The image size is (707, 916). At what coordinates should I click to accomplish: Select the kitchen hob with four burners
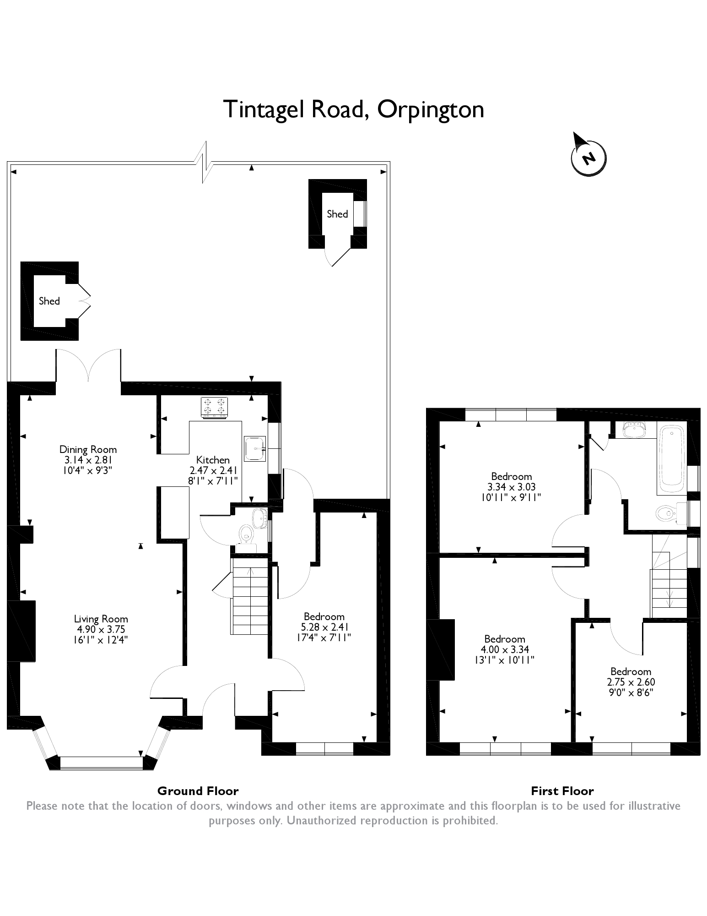[x=214, y=407]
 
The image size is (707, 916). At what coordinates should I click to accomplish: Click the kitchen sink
[x=255, y=448]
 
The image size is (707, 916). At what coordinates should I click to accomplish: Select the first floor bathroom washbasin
[x=634, y=430]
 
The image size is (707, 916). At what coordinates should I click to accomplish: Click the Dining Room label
[x=88, y=449]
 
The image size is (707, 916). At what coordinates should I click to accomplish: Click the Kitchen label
[x=213, y=460]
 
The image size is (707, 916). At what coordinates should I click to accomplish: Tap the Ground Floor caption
[x=198, y=791]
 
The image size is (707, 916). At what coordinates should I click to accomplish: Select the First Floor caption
[x=562, y=791]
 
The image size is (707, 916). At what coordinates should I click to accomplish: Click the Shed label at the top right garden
[x=337, y=214]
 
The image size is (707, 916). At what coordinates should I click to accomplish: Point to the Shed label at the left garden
[x=49, y=301]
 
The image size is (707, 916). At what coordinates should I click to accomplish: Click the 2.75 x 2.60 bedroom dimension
[x=631, y=682]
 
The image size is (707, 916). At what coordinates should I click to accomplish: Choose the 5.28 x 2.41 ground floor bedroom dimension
[x=324, y=627]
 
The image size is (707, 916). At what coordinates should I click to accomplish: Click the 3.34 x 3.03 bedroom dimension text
[x=512, y=487]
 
